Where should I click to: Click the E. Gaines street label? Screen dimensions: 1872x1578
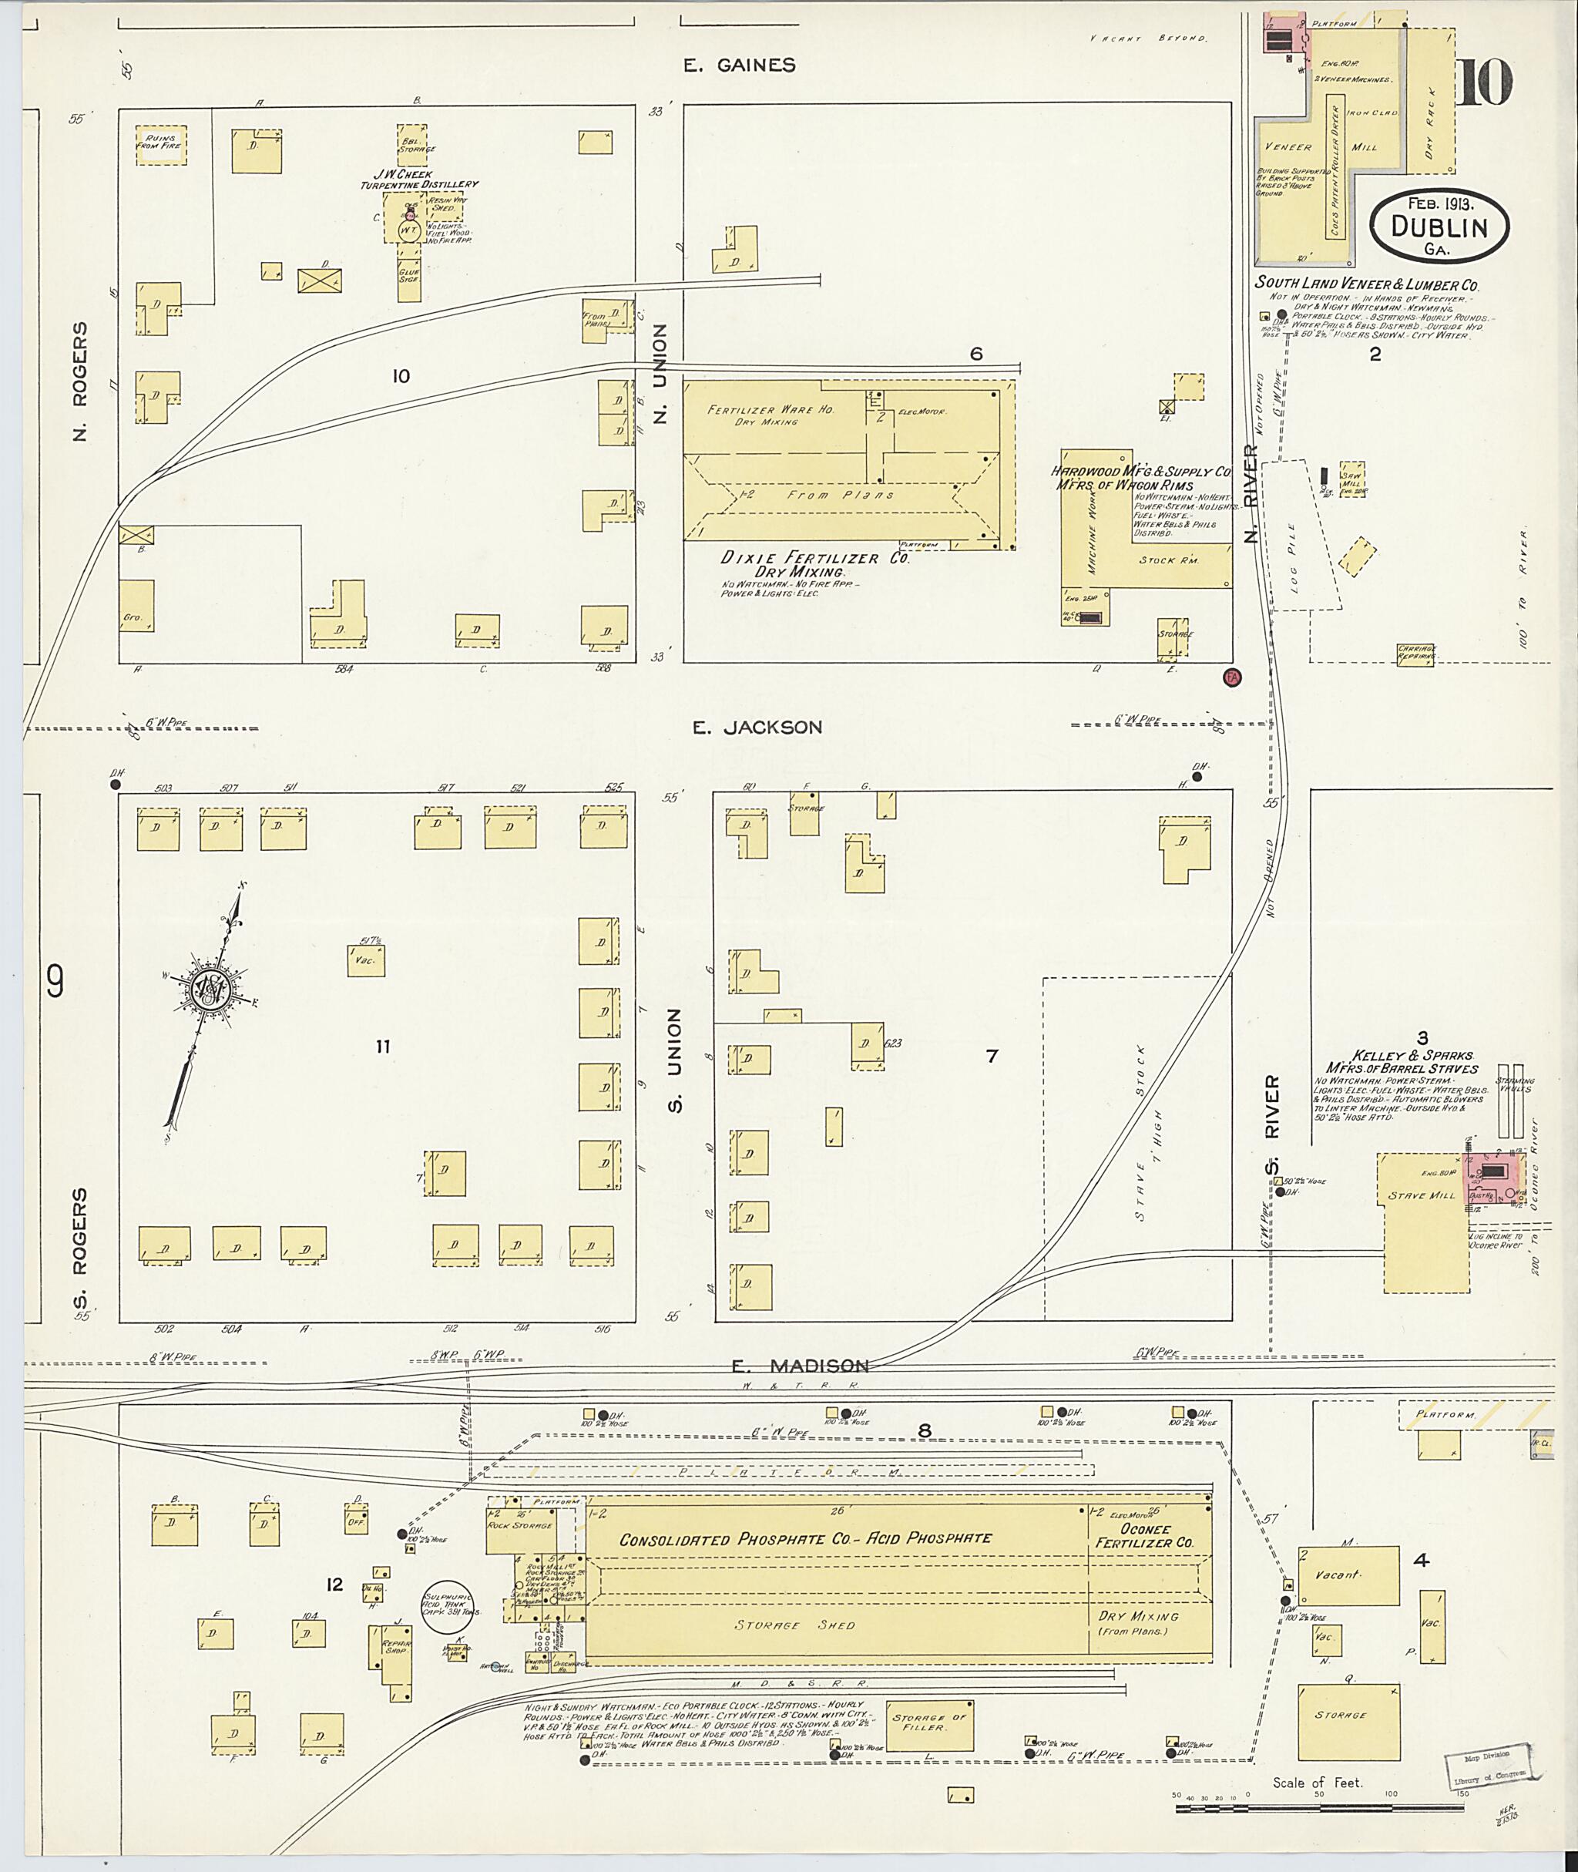(738, 65)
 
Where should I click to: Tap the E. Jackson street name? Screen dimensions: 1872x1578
(757, 728)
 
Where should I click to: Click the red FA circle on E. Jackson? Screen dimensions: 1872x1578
(1232, 677)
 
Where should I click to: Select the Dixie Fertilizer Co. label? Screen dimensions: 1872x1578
(815, 559)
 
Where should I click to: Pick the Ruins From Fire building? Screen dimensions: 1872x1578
(161, 145)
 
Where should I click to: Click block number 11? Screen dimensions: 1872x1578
(383, 1045)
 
